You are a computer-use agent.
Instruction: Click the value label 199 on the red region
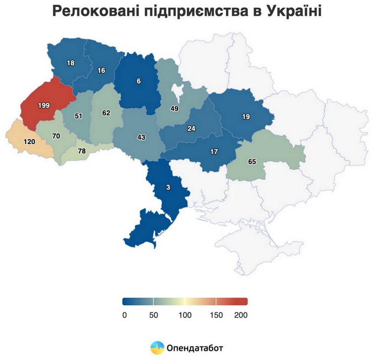(x=44, y=106)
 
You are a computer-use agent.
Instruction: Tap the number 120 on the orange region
(x=29, y=141)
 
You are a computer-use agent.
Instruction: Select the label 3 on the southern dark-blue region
(x=168, y=188)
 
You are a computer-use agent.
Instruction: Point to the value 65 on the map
(x=252, y=162)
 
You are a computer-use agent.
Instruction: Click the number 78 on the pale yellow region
(x=82, y=152)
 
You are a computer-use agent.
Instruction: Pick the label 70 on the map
(x=57, y=137)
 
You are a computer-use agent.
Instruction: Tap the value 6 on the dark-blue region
(x=138, y=81)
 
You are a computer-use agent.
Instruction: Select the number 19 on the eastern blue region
(x=246, y=117)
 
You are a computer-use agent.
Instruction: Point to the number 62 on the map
(x=106, y=113)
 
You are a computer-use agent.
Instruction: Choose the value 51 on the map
(x=78, y=116)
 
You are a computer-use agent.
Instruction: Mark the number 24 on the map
(x=191, y=128)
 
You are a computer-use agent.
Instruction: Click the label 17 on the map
(x=214, y=152)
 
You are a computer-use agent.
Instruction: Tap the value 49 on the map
(x=174, y=108)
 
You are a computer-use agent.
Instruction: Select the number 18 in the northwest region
(x=71, y=63)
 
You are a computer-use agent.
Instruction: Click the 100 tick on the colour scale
(x=185, y=315)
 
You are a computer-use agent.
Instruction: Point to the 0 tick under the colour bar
(x=124, y=315)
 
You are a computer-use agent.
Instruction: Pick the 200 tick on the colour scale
(x=241, y=315)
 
